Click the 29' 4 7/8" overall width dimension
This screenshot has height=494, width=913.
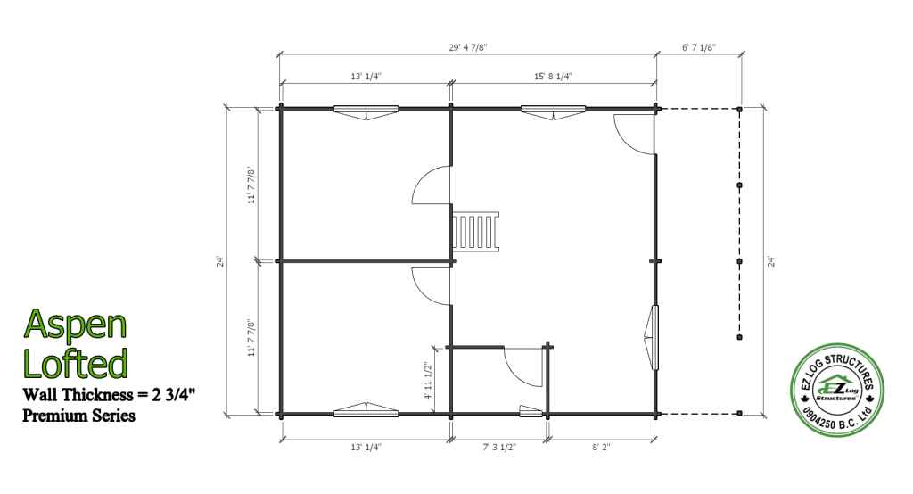click(467, 47)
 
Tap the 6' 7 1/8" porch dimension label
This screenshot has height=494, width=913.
click(699, 47)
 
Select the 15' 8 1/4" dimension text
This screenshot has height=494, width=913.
click(553, 77)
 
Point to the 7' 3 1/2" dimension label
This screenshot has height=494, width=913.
click(499, 448)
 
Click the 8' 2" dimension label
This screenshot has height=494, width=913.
click(602, 448)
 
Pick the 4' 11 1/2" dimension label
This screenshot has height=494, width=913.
click(429, 381)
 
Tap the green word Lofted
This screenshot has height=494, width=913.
click(75, 363)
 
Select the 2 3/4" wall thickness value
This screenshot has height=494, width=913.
click(173, 394)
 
